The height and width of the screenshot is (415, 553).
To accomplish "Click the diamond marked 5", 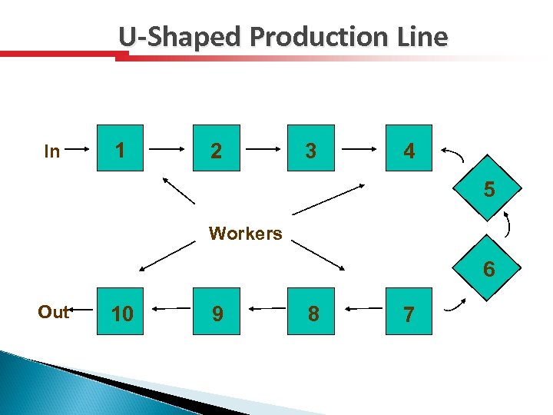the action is [x=489, y=188].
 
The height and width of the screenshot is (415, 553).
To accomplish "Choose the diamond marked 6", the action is [x=489, y=270].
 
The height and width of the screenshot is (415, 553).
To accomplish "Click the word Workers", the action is [x=246, y=234].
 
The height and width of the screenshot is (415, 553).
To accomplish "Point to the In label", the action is [x=52, y=151].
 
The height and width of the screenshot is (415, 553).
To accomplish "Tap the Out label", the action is [x=53, y=312].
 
